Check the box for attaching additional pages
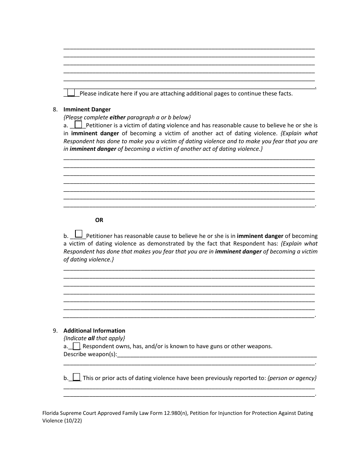coord(71,92)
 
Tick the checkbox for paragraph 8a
coord(78,124)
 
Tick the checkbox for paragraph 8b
coord(79,234)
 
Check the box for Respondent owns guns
coord(77,346)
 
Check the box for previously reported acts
coord(77,377)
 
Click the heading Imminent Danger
coord(87,109)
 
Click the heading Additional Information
coord(94,330)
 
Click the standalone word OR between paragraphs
coord(99,220)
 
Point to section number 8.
coord(55,109)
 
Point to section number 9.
coord(55,330)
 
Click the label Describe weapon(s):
coord(90,354)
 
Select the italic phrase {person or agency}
coord(292,378)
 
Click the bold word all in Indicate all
coord(91,338)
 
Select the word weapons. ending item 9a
coord(260,346)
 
